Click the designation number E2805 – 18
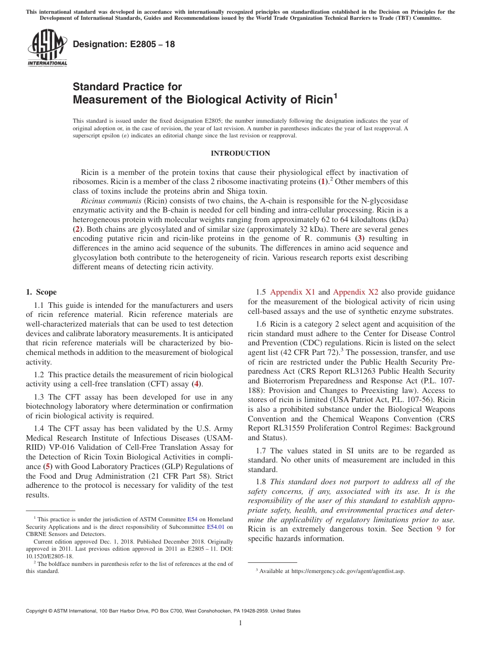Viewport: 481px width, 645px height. pos(124,44)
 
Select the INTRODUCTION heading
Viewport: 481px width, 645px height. pos(240,153)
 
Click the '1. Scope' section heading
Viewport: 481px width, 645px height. pos(41,292)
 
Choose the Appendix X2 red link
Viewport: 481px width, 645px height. pos(355,292)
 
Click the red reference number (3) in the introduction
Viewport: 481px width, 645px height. pos(358,238)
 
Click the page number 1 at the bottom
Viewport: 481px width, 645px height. pos(240,623)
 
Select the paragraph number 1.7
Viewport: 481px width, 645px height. pos(262,451)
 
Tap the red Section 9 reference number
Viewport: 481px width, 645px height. pos(438,529)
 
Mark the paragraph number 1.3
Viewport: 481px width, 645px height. pos(40,397)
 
